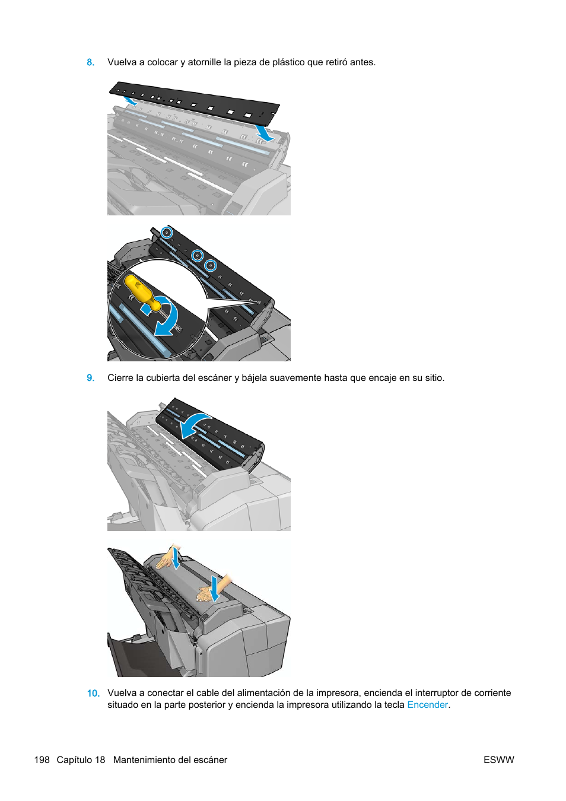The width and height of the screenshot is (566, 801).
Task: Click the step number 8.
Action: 90,62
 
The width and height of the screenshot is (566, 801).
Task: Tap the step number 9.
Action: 90,378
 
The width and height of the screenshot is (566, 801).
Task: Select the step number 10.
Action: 93,693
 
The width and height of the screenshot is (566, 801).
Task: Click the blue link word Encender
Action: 427,705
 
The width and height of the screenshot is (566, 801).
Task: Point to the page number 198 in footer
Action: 42,760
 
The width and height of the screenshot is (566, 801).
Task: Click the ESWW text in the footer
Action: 498,760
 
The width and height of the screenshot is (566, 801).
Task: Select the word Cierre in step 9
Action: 120,378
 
